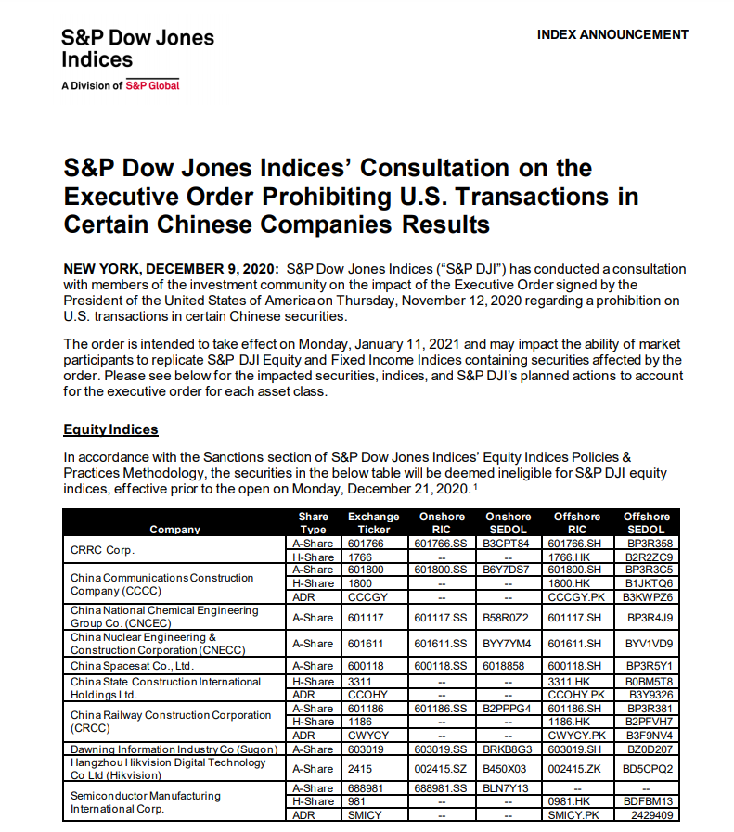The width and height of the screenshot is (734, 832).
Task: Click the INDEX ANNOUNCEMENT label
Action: tap(612, 34)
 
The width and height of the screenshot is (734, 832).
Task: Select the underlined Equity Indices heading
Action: tap(110, 429)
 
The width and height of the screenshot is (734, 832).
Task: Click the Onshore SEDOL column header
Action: tap(508, 523)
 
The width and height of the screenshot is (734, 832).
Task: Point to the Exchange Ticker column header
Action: tap(373, 523)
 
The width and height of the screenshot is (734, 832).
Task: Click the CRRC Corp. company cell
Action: tap(103, 550)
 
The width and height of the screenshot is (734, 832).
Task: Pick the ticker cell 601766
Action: tap(364, 544)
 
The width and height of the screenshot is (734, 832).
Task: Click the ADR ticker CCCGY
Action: tap(367, 597)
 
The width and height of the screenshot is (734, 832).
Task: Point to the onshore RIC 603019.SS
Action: tap(440, 749)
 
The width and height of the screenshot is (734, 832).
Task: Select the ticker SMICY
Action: tap(364, 815)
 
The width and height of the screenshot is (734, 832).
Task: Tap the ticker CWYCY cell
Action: tap(367, 735)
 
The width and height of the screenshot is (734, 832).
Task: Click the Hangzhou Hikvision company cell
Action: tap(168, 768)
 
